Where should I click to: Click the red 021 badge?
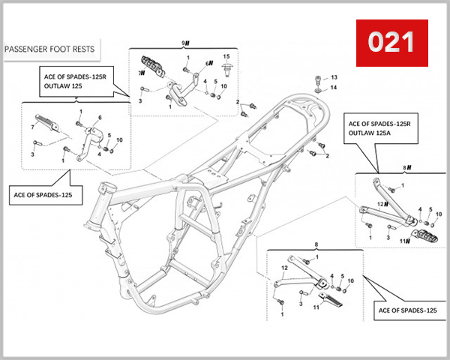(391, 42)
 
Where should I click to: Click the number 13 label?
(334, 78)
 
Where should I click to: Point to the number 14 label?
(334, 88)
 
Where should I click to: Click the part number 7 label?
(32, 128)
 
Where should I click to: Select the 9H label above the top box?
(185, 43)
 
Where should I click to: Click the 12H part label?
(381, 204)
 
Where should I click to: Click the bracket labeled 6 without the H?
(91, 135)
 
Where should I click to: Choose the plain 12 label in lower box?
(284, 268)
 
